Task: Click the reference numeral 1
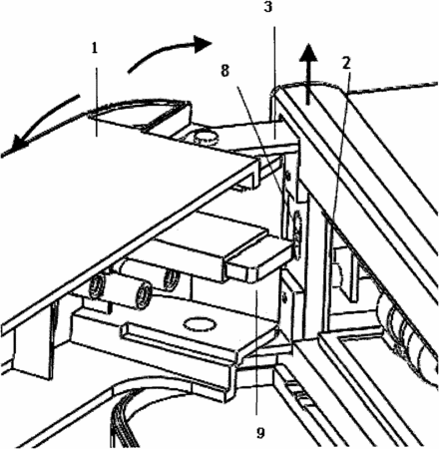(95, 49)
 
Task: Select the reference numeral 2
(346, 63)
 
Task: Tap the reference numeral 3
(268, 7)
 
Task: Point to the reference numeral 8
(225, 71)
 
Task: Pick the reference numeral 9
(260, 433)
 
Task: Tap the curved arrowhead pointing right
(203, 44)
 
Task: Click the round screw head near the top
(207, 138)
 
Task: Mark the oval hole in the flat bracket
(199, 325)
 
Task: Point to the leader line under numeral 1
(97, 102)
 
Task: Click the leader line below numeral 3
(274, 83)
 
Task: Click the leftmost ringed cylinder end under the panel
(97, 286)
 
